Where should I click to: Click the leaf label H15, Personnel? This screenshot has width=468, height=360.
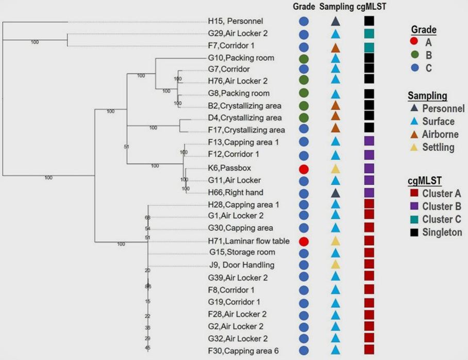coord(236,22)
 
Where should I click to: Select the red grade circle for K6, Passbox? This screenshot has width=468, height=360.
coord(304,168)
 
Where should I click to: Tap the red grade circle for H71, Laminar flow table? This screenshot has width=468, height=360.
coord(304,241)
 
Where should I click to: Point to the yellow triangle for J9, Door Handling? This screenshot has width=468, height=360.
coord(335,265)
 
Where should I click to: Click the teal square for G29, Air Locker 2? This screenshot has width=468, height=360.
coord(369,34)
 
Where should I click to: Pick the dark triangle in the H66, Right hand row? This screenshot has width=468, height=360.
coord(335,192)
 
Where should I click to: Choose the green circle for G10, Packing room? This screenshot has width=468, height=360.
coord(304,58)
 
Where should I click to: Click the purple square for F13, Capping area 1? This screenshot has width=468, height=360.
coord(369,142)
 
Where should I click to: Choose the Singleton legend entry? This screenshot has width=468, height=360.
coord(441,233)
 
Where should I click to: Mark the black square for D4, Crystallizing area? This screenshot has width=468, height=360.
coord(369,117)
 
